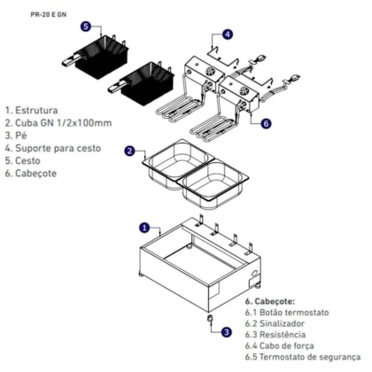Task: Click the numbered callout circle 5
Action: (x=85, y=27)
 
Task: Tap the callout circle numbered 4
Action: (x=228, y=35)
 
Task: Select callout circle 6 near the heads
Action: (x=266, y=123)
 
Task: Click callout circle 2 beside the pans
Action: (x=129, y=151)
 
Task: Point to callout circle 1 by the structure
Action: (x=144, y=228)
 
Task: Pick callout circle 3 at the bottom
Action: (x=226, y=332)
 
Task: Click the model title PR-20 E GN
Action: (x=49, y=14)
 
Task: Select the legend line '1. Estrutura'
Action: (x=31, y=110)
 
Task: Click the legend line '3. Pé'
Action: (x=16, y=136)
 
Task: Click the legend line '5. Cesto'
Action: (x=22, y=160)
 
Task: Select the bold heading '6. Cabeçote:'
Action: (x=270, y=301)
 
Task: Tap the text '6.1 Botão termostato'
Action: (x=287, y=313)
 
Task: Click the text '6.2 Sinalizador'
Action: (x=275, y=323)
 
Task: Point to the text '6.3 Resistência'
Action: (x=275, y=335)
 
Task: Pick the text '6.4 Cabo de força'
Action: (x=279, y=345)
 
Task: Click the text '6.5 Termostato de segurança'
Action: (x=303, y=357)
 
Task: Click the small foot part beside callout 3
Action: (x=210, y=319)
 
